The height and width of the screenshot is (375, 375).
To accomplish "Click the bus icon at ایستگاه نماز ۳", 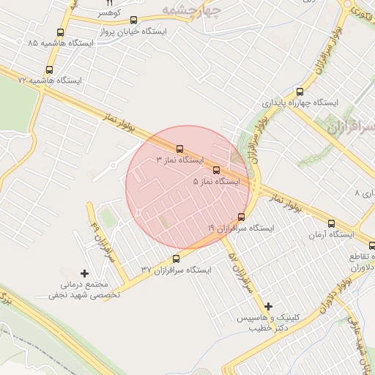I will click(x=180, y=149).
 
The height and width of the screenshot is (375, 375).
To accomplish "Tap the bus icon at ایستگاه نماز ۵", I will click(x=215, y=170).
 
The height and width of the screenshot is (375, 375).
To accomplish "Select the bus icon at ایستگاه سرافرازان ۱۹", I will click(x=242, y=217).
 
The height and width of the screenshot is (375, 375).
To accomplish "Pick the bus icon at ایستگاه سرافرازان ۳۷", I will click(x=176, y=259).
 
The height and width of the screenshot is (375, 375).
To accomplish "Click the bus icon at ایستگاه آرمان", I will click(x=331, y=224).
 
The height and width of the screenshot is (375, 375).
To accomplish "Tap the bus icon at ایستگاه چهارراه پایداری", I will click(x=299, y=92).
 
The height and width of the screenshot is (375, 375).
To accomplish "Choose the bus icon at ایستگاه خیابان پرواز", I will click(x=133, y=21).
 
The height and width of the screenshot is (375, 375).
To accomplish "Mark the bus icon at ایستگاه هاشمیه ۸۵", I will click(x=60, y=32).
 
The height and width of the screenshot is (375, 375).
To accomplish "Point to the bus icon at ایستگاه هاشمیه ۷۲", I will click(x=49, y=70).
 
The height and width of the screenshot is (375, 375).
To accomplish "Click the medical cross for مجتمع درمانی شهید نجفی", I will click(x=85, y=273).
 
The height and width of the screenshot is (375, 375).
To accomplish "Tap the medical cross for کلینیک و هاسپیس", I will click(x=268, y=306).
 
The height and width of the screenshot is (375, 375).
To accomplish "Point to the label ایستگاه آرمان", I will click(x=331, y=235).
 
